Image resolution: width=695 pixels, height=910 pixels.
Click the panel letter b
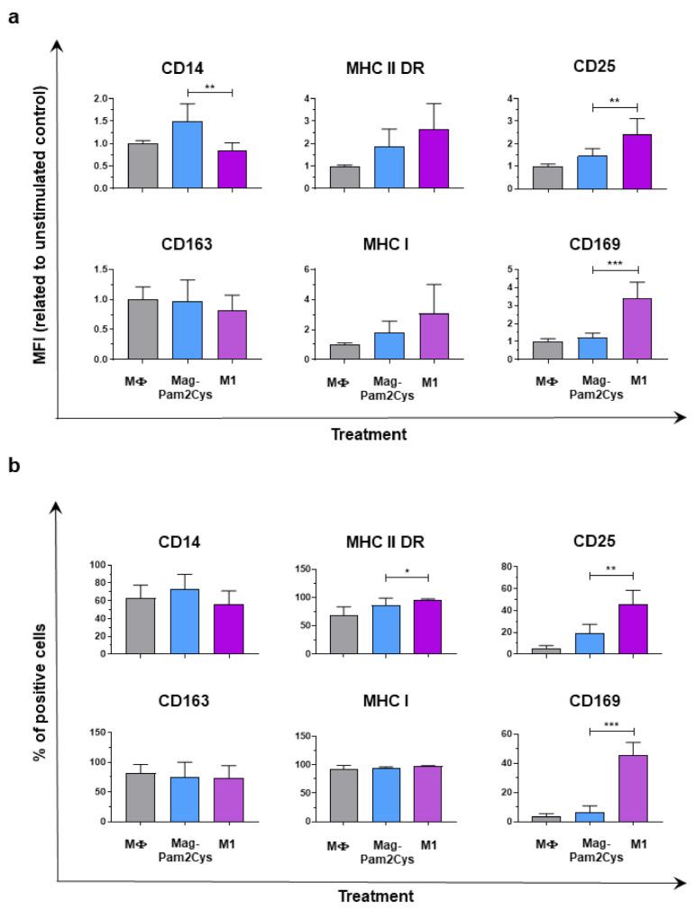13,469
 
